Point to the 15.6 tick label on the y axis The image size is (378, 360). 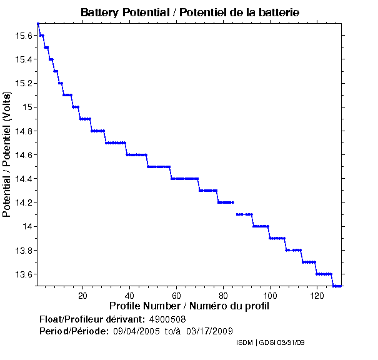coord(23,36)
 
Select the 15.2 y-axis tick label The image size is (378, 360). coord(23,83)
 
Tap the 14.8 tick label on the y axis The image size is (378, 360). coord(23,131)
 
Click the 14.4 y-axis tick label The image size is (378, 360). coord(23,179)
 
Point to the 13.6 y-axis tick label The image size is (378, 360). coord(23,274)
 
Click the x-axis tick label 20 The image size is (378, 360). coord(83,295)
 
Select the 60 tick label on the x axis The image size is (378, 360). coord(177,295)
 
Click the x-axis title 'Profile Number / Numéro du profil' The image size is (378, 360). coord(189,306)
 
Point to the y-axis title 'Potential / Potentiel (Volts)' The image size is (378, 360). coord(7,155)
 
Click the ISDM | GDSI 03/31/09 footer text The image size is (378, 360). coord(270,343)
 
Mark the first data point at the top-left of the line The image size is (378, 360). coord(38,24)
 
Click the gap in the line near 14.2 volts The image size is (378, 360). coord(236,208)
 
